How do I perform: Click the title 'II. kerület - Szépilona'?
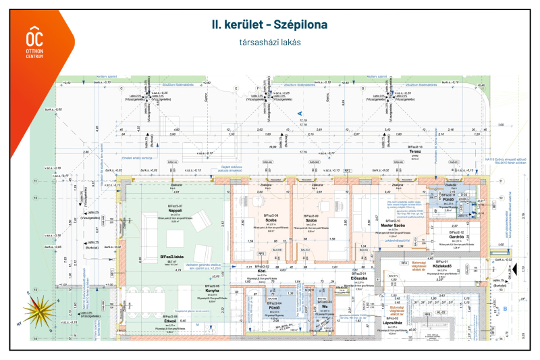(269, 25)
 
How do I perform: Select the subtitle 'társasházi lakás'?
(269, 42)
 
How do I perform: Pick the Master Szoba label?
(394, 224)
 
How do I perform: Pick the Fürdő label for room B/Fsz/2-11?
(447, 200)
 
